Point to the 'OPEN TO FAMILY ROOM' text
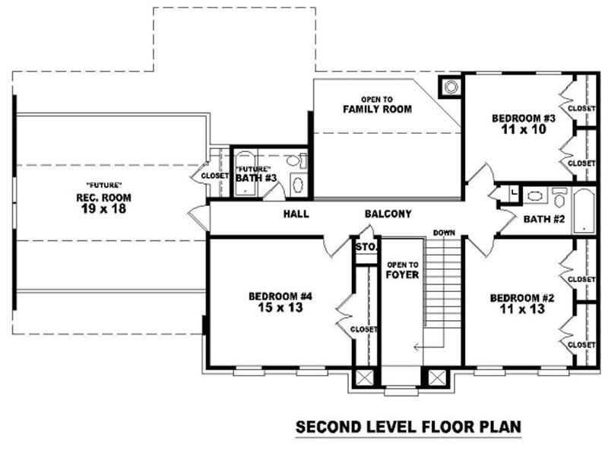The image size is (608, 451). tap(377, 104)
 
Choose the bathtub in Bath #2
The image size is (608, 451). tap(583, 211)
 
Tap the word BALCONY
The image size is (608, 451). tap(388, 214)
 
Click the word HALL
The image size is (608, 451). tap(296, 214)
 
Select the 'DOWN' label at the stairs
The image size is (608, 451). tap(444, 233)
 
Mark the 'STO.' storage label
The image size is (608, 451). tap(366, 247)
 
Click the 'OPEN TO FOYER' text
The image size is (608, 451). tap(402, 269)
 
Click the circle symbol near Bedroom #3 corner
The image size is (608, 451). tap(451, 86)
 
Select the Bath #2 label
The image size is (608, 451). tap(543, 220)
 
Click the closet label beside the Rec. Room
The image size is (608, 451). tap(215, 176)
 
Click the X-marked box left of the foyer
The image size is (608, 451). tap(365, 377)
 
